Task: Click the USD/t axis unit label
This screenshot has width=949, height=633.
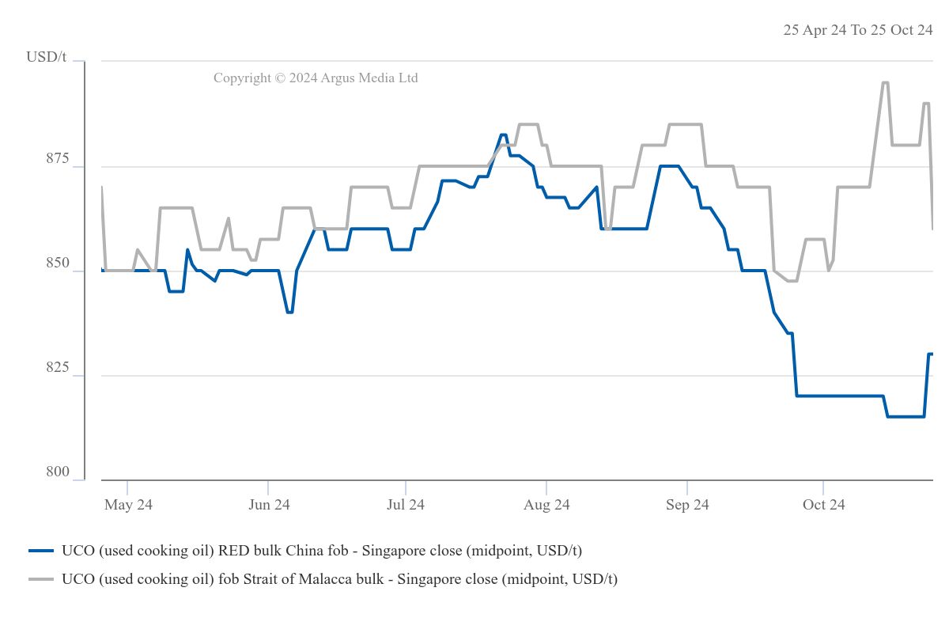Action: coord(47,57)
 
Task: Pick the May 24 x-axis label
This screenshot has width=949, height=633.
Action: coord(128,505)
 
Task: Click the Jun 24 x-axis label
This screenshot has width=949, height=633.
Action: coord(269,505)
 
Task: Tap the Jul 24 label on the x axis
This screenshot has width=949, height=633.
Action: coord(406,505)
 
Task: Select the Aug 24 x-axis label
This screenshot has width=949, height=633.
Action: coord(546,505)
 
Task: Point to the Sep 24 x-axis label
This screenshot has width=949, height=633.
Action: coord(687,505)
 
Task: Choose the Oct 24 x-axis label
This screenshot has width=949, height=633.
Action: coord(823,505)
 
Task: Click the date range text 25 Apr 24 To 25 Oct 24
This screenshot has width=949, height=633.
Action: coord(858,30)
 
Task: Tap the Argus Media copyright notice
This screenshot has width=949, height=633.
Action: coord(316,78)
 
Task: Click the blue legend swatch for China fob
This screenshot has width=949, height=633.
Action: coord(40,550)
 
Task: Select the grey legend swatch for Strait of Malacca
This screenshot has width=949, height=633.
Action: coord(40,579)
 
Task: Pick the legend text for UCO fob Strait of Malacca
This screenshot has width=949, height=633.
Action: coord(339,579)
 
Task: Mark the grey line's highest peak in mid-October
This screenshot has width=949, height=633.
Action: coord(884,82)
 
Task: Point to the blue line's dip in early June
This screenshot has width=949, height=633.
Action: coord(289,312)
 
